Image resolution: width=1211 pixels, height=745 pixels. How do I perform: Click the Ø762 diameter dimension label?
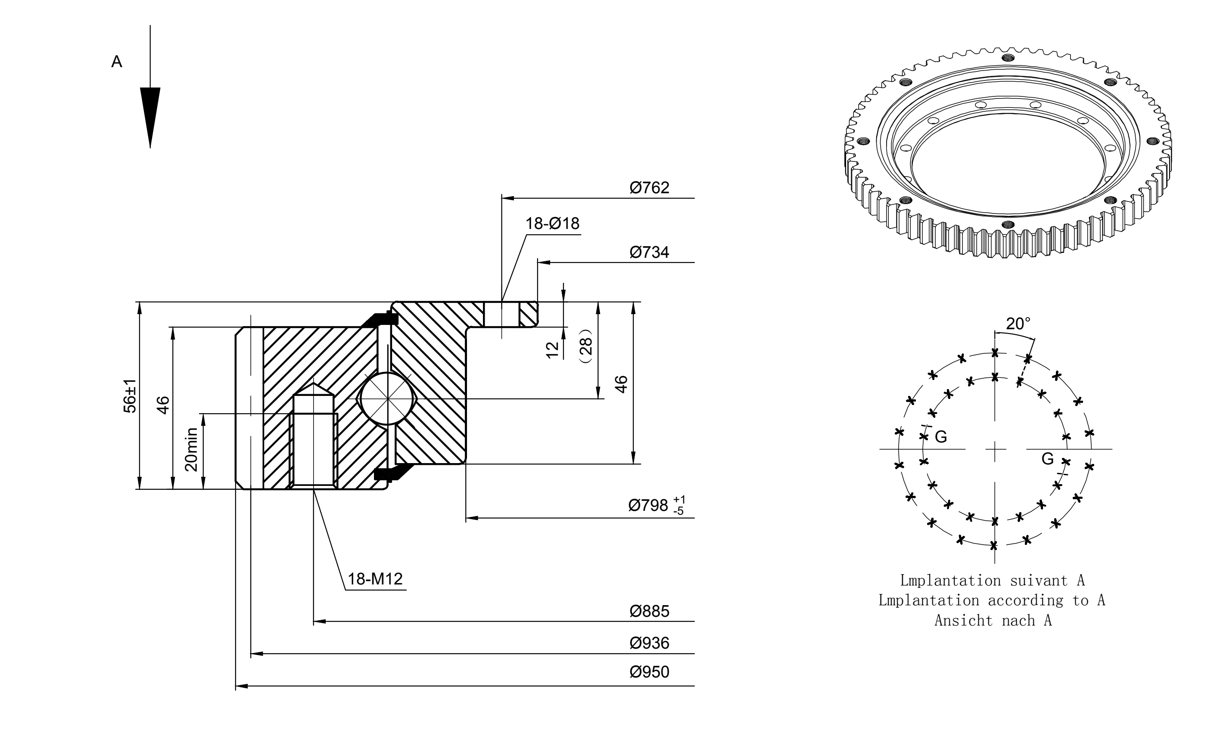pos(649,188)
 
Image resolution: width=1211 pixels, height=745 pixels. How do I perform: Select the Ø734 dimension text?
pos(649,252)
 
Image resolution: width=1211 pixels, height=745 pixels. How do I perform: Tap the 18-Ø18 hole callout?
pos(552,224)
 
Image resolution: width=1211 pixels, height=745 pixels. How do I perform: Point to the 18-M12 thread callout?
pos(375,579)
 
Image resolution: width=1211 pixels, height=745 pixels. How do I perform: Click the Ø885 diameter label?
pos(649,612)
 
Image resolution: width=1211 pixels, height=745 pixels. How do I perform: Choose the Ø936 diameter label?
pos(649,643)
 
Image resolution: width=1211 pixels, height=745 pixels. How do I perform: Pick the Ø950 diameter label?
pos(649,672)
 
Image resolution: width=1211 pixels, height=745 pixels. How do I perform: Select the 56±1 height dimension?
pos(130,396)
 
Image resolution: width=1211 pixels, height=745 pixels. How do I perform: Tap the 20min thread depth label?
pos(191,449)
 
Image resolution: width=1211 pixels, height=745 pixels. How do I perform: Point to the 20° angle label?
pos(1018,324)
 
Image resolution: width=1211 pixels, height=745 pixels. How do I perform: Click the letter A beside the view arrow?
pos(117,62)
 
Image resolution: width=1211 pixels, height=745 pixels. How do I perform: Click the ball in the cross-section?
pos(388,398)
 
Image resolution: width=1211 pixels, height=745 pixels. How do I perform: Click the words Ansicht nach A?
pos(993,620)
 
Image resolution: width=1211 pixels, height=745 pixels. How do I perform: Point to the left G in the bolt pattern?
pos(941,437)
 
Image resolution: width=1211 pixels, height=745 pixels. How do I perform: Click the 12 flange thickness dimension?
pos(553,350)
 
